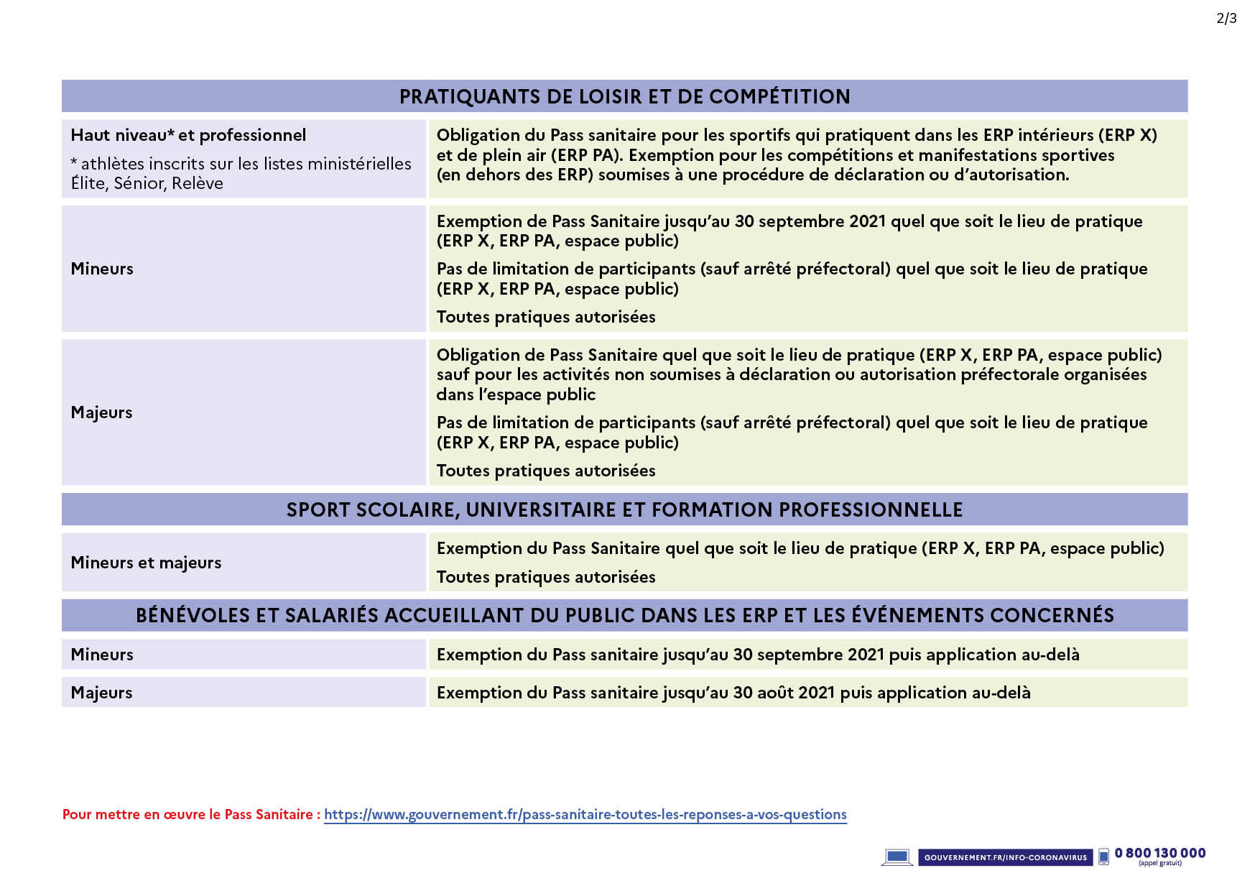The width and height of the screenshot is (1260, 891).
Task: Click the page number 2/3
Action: [x=1226, y=19]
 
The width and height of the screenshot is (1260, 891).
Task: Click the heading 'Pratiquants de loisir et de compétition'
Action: [x=624, y=96]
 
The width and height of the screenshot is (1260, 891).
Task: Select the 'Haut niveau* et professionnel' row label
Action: [x=188, y=135]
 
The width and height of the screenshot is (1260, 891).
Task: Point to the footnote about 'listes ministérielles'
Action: [x=241, y=173]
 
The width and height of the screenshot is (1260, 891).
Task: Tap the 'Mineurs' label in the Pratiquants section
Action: [x=102, y=269]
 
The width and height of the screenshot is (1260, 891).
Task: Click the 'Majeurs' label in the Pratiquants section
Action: [x=101, y=412]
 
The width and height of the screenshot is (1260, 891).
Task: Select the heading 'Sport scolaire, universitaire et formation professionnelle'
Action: [x=624, y=509]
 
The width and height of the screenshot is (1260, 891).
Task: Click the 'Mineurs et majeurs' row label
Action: [x=146, y=563]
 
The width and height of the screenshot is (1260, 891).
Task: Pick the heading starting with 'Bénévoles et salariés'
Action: [x=624, y=615]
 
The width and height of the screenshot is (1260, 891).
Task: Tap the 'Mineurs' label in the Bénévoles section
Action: [x=102, y=655]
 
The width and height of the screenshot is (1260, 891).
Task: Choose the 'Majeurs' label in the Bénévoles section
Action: [x=101, y=693]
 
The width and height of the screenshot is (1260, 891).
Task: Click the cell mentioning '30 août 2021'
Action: [x=733, y=693]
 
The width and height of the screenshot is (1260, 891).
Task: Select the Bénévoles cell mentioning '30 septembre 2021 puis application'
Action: [x=758, y=655]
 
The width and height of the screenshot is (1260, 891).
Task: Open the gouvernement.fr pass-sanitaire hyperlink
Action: [x=585, y=814]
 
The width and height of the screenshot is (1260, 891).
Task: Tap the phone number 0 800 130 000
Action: [x=1159, y=853]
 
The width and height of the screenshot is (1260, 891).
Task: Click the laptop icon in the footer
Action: [x=897, y=857]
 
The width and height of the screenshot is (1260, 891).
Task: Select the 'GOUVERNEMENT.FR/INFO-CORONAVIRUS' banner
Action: [x=1005, y=857]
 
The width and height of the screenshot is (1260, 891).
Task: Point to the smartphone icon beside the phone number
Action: [x=1103, y=857]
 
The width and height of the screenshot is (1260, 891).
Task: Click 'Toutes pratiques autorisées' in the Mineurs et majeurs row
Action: [x=546, y=577]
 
